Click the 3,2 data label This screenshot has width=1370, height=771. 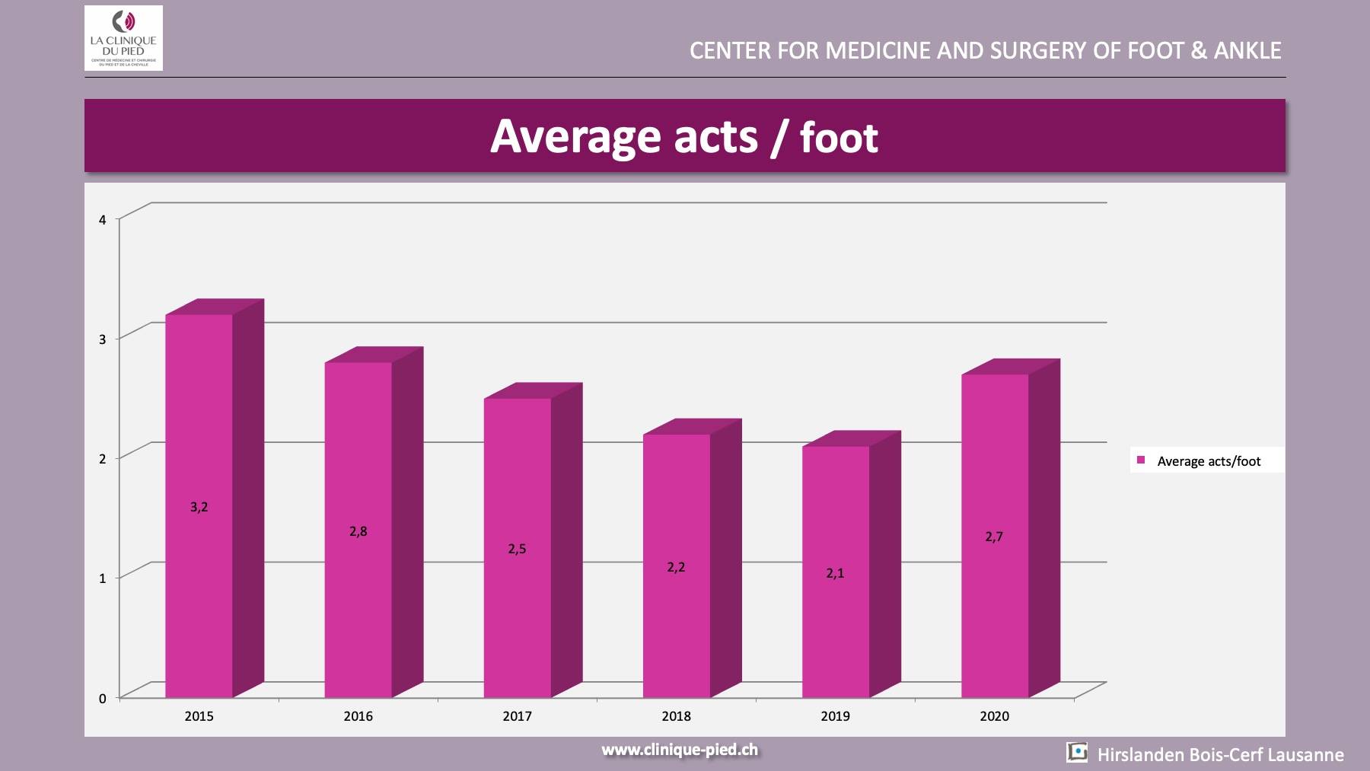click(199, 507)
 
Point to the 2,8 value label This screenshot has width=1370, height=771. click(358, 531)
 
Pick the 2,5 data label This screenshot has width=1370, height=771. click(517, 549)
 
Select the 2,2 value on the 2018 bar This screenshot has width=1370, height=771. click(676, 567)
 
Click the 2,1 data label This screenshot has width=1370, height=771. click(835, 573)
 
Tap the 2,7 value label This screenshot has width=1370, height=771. click(994, 537)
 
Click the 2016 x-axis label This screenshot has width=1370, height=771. click(358, 716)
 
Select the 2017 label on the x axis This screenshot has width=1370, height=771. click(517, 716)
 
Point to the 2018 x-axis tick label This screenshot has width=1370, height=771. click(676, 716)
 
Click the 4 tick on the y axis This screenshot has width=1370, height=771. click(103, 220)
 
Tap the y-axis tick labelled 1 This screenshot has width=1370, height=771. click(103, 578)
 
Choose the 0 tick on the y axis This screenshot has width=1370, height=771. click(103, 699)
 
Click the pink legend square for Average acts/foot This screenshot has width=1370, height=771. click(1141, 460)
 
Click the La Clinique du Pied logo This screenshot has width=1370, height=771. click(123, 38)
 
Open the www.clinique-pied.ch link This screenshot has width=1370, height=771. click(680, 750)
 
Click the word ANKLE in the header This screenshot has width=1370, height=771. click(1247, 51)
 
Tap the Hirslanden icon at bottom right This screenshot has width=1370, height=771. click(1077, 752)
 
